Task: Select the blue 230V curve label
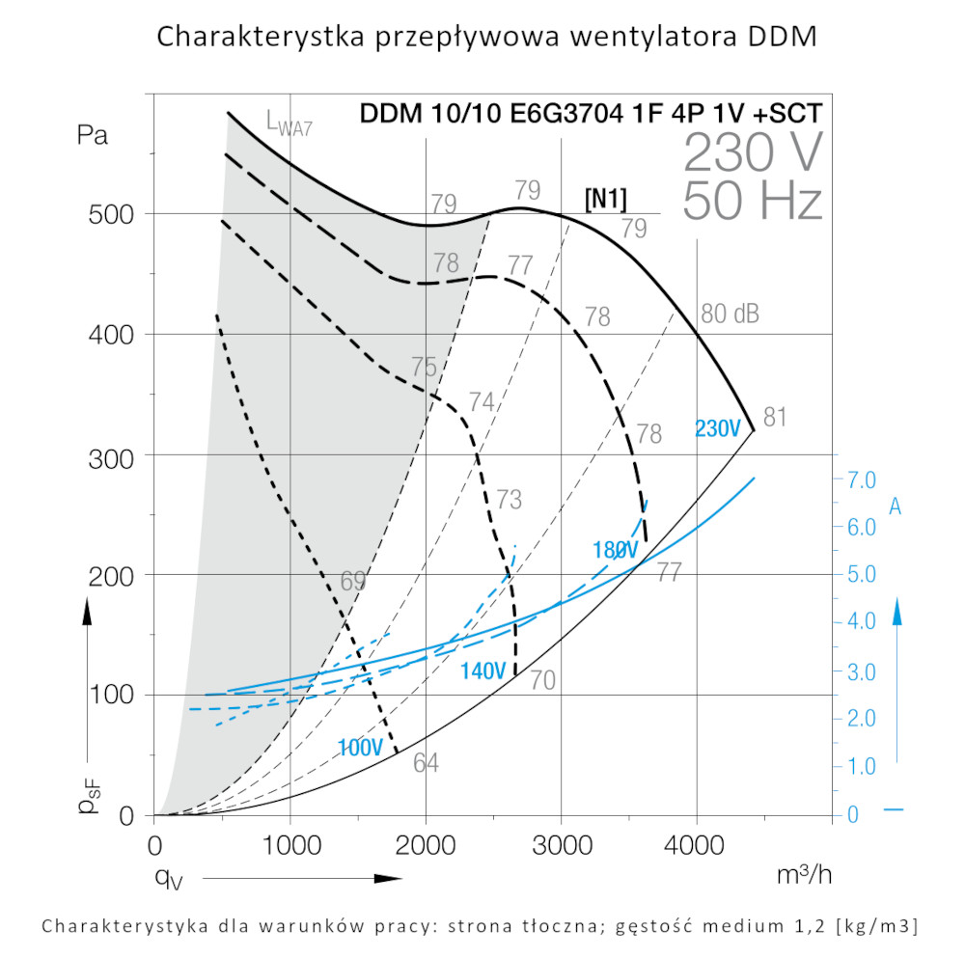(717, 428)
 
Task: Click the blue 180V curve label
(615, 551)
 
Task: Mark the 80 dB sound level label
(730, 315)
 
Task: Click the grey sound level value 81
(775, 418)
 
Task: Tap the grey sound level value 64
(426, 762)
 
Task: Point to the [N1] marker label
(605, 199)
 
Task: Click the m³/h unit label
(803, 875)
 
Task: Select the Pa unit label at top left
(93, 135)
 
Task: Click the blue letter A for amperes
(895, 507)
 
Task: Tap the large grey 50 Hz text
(753, 201)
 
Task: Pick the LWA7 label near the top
(289, 122)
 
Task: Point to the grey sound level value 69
(353, 582)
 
